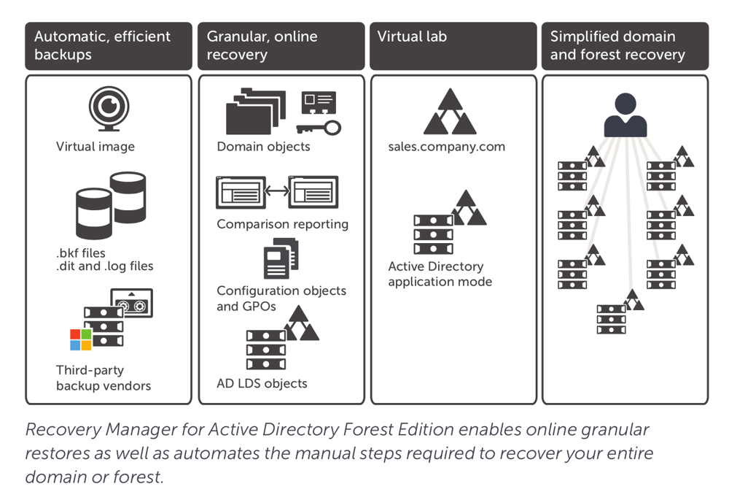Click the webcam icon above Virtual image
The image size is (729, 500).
[x=109, y=108]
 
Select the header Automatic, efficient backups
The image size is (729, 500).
[x=102, y=45]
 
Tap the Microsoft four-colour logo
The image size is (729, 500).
[x=81, y=339]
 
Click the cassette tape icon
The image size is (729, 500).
[x=132, y=302]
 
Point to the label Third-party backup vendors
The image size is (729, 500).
[x=104, y=377]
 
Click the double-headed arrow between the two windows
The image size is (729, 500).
[x=276, y=192]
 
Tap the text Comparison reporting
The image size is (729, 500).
[x=282, y=224]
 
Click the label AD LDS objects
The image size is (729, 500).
[x=262, y=383]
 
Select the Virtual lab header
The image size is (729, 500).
[x=412, y=36]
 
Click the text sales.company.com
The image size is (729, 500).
[x=446, y=147]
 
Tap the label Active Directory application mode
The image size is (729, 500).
[x=440, y=274]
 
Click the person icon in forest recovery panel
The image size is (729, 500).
[x=625, y=115]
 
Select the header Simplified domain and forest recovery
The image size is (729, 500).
[x=617, y=45]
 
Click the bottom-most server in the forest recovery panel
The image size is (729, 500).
[x=611, y=319]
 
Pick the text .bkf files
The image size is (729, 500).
[x=80, y=253]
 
